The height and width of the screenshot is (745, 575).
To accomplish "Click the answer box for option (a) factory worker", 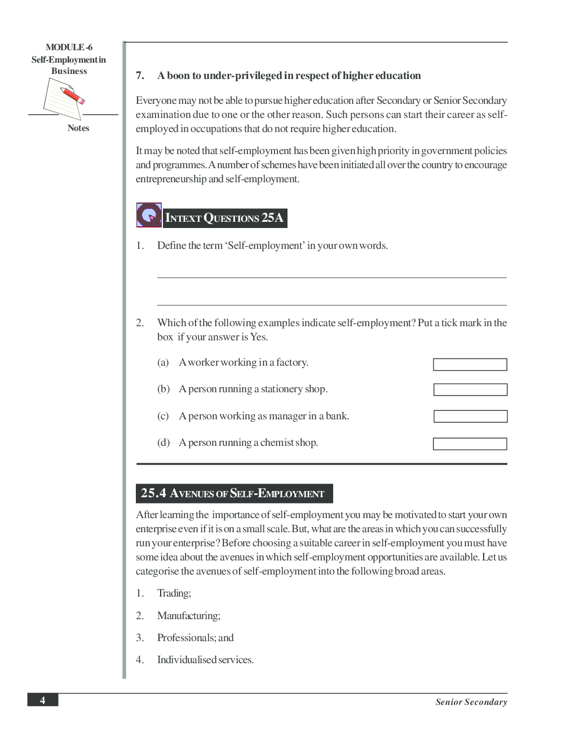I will [470, 365].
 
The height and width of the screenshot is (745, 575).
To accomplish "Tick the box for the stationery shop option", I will [470, 389].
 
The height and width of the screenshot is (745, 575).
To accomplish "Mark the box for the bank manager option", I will [470, 417].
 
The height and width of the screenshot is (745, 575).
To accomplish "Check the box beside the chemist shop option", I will [470, 444].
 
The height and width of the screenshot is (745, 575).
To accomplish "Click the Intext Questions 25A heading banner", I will [225, 218].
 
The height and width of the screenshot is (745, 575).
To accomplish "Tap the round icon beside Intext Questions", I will [149, 215].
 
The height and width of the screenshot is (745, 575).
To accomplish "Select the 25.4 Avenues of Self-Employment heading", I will [234, 493].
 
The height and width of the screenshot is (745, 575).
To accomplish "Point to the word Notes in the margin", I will [78, 128].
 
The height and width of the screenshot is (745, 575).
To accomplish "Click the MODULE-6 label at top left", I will [69, 47].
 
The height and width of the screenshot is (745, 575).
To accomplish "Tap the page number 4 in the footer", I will [42, 700].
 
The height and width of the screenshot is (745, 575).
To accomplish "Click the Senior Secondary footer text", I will [471, 702].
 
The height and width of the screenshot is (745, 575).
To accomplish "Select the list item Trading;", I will [174, 593].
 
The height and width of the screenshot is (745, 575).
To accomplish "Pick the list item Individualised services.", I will [205, 660].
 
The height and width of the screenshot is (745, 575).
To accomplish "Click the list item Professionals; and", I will [195, 638].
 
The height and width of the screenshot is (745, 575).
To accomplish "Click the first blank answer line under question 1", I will [331, 277].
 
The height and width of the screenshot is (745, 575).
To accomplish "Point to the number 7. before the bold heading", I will [140, 76].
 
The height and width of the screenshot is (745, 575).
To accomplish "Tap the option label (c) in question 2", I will [163, 416].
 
